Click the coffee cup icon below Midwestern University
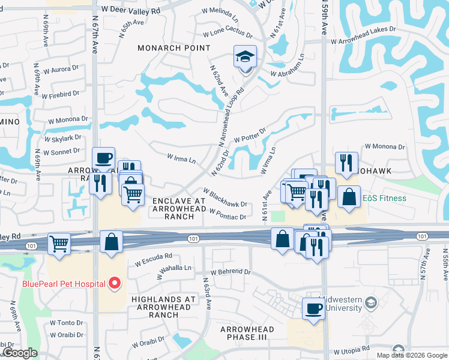click(313, 309)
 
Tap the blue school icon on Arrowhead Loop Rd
click(245, 57)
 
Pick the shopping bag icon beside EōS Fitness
click(349, 197)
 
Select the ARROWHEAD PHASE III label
click(247, 334)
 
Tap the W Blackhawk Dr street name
click(225, 198)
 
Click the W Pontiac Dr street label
click(228, 214)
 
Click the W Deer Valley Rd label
click(130, 11)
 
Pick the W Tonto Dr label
click(66, 323)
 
